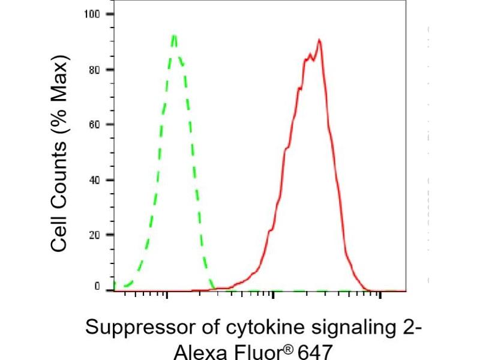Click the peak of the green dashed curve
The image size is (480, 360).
pyautogui.click(x=174, y=35)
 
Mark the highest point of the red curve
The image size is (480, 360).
pyautogui.click(x=319, y=40)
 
